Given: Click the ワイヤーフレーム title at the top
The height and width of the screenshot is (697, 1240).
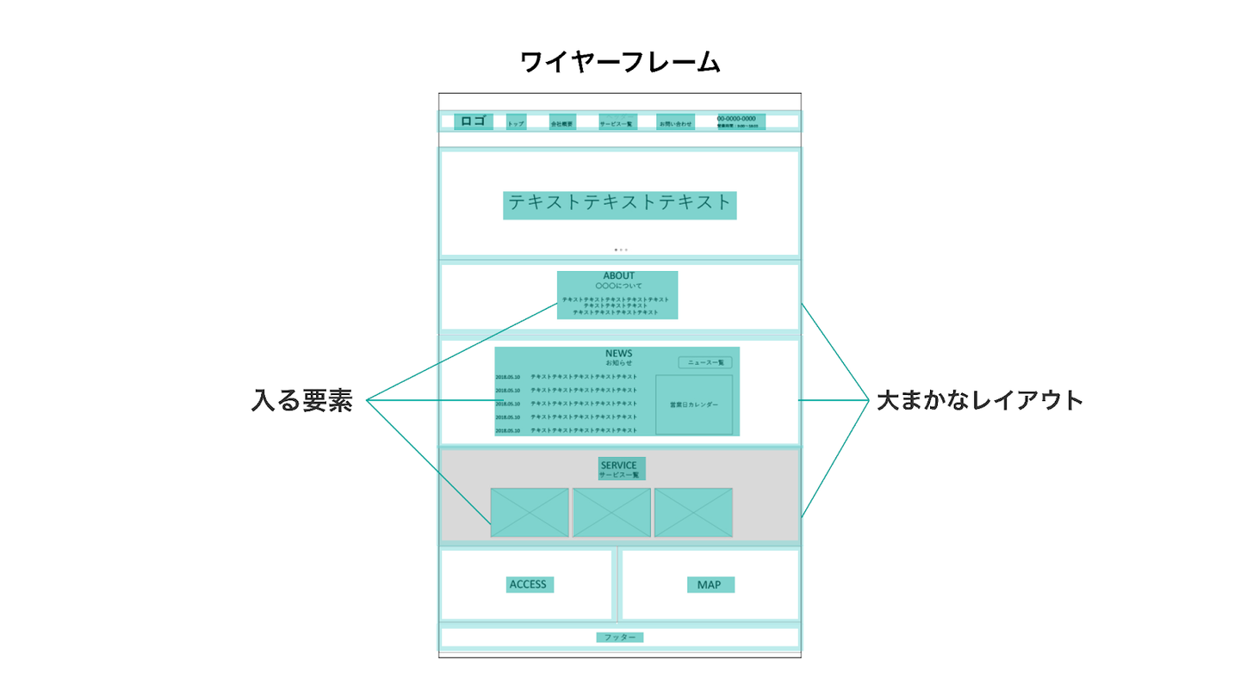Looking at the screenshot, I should click(620, 62).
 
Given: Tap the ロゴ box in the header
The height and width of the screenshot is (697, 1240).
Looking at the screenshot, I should click(474, 121).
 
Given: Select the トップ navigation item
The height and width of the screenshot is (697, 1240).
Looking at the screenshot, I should click(516, 123).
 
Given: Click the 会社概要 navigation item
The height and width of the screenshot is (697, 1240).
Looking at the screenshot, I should click(561, 123).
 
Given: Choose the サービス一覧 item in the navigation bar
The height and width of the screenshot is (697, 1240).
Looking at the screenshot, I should click(617, 123).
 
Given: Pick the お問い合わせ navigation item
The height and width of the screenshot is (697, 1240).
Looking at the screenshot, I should click(675, 123).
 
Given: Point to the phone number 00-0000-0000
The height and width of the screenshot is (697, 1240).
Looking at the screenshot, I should click(736, 119).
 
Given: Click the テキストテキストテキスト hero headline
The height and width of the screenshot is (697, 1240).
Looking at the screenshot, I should click(619, 204).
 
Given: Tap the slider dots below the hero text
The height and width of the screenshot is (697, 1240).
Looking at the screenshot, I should click(620, 250).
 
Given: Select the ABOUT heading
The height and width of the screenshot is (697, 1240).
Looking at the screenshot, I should click(618, 276).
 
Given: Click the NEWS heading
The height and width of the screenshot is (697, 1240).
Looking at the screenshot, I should click(618, 354).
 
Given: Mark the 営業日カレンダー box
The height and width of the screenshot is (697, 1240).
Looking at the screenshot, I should click(694, 404).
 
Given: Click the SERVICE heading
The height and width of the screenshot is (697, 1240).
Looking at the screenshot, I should click(619, 466).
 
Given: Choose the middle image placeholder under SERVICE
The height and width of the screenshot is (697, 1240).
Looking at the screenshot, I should click(611, 512).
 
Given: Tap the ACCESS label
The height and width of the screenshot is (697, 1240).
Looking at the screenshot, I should click(529, 584).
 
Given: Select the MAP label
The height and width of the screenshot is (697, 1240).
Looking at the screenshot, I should click(710, 585).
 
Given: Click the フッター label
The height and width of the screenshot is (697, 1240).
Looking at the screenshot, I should click(619, 638).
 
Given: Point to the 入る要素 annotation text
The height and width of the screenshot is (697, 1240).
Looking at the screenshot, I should click(302, 401).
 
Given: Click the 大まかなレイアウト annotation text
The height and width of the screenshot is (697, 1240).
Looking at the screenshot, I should click(979, 401).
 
